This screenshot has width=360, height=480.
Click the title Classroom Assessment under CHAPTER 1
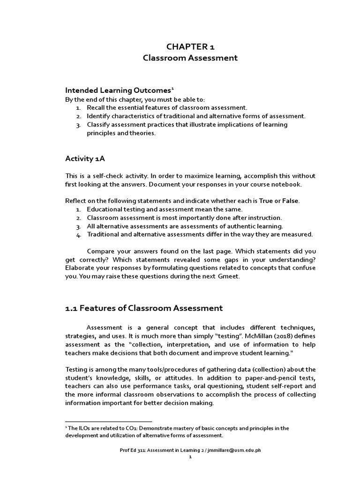tap(190, 58)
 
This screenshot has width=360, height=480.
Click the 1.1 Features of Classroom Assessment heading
tap(143, 308)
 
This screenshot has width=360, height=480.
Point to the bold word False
tap(289, 201)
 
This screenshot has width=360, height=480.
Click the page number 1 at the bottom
tap(190, 458)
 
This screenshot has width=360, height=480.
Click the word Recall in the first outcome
tap(97, 107)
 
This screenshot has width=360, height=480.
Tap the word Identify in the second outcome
tap(99, 116)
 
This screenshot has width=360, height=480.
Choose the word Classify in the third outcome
tap(99, 125)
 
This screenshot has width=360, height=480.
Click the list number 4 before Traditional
tap(79, 234)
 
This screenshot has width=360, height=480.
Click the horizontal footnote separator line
tap(108, 421)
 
